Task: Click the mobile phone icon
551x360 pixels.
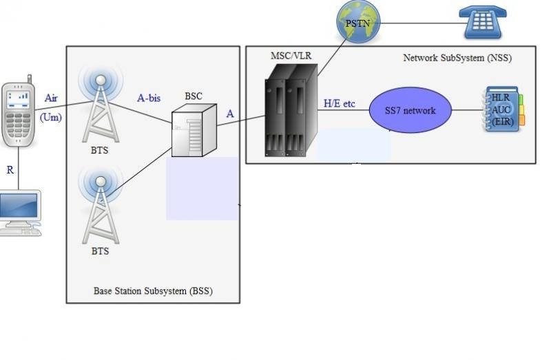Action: [x=18, y=112]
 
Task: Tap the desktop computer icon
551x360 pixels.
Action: [x=21, y=213]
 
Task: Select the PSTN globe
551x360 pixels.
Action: [x=358, y=22]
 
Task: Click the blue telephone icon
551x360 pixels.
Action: [x=483, y=22]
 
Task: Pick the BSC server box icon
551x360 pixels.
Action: [x=194, y=130]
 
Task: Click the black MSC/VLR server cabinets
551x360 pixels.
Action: [x=291, y=111]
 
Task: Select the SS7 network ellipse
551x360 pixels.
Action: [x=410, y=110]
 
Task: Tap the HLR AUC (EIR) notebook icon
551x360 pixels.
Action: [x=503, y=109]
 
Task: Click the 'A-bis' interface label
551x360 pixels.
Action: [x=149, y=98]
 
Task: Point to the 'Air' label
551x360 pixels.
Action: [x=51, y=98]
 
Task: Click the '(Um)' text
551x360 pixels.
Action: [x=50, y=117]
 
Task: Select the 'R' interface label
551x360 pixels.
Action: [x=10, y=170]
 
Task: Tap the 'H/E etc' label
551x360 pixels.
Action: [x=339, y=104]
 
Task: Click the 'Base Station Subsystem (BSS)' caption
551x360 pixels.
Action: [x=153, y=290]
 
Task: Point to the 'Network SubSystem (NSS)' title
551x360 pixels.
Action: [x=457, y=58]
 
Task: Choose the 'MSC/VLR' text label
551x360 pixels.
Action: [x=291, y=56]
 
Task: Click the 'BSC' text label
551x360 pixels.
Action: [x=194, y=96]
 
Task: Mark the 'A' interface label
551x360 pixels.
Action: [x=230, y=114]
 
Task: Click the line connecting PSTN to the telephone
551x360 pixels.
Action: [x=419, y=23]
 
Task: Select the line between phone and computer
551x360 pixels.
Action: [x=19, y=169]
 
